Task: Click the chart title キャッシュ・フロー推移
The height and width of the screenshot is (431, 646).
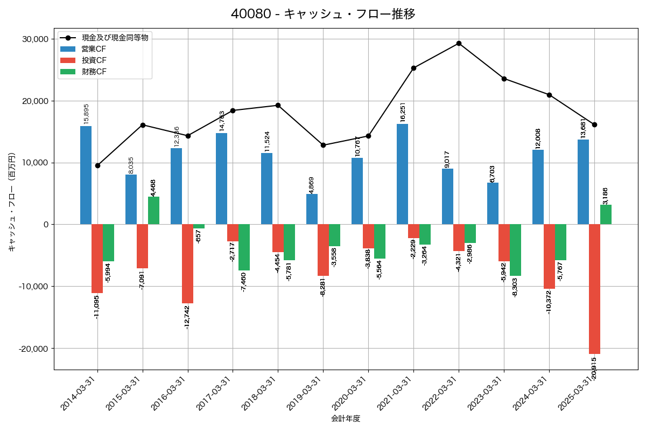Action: click(323, 14)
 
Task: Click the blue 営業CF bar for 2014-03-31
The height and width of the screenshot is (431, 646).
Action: click(86, 175)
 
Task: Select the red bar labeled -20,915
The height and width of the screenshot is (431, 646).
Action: click(594, 289)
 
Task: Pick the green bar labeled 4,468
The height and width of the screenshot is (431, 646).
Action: click(153, 211)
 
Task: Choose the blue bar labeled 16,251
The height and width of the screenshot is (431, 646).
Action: click(402, 174)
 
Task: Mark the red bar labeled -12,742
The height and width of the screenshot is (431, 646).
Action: click(187, 264)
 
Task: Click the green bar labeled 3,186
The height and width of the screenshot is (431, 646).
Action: click(606, 214)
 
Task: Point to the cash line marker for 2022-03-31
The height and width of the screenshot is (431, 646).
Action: click(459, 43)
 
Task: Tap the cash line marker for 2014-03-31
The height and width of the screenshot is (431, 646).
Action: click(97, 165)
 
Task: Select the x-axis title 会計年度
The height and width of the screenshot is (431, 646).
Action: click(345, 419)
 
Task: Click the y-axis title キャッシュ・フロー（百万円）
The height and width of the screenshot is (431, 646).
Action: click(12, 203)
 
